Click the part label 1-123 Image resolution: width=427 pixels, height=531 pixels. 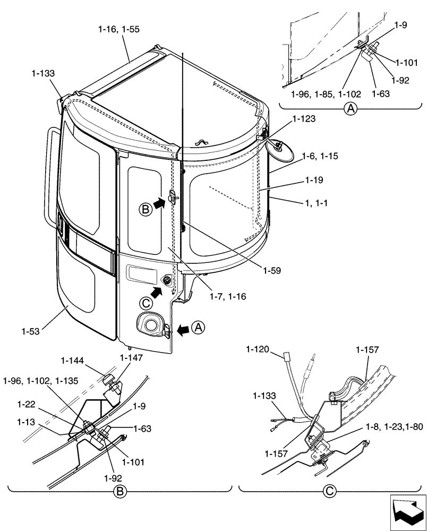tap(303, 119)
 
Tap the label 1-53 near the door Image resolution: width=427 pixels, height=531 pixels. tap(31, 331)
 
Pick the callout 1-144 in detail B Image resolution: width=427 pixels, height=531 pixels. tap(73, 360)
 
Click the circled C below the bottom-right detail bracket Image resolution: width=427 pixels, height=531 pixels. tap(329, 492)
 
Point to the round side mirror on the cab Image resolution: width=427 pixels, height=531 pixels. tap(281, 149)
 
